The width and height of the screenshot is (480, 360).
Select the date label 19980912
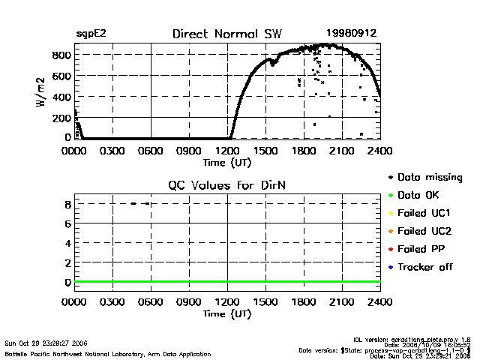coord(351,34)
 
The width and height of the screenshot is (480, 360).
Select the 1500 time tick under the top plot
coord(265,151)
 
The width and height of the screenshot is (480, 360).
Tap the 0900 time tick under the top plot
coord(189,151)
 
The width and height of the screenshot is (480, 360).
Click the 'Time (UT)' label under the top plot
coord(227,161)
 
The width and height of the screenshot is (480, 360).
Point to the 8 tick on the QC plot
coord(67,204)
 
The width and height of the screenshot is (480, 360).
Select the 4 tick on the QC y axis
coord(67,243)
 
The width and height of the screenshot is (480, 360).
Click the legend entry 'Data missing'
coord(425,178)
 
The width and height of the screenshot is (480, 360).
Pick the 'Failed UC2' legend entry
coord(423,231)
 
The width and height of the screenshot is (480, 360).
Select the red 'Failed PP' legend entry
coord(421,249)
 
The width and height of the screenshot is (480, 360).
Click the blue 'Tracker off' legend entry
coord(424,267)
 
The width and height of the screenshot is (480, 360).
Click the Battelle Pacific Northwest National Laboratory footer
coord(108,353)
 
